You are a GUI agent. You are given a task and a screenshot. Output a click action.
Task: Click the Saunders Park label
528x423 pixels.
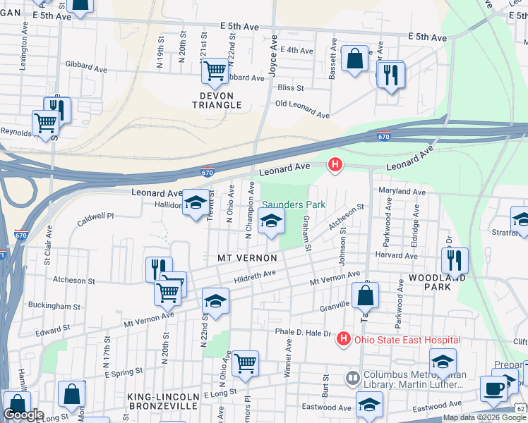click(294, 204)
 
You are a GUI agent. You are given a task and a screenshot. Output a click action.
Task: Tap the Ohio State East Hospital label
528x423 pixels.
click(407, 340)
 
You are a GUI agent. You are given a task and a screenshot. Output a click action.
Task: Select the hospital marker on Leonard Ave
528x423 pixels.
click(335, 165)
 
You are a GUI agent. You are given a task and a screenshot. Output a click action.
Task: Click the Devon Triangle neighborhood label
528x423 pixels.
click(217, 99)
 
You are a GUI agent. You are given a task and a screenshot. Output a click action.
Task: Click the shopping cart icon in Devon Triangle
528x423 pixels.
click(215, 70)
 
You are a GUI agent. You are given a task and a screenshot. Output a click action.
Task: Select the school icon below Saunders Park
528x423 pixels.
click(271, 222)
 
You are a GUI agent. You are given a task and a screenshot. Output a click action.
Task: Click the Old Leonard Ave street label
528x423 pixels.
click(302, 109)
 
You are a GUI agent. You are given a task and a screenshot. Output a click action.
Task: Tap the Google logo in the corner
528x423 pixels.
click(23, 415)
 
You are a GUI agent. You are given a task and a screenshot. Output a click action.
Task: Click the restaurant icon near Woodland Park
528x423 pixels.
click(455, 260)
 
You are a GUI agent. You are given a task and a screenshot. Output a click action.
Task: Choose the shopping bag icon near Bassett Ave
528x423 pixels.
click(354, 59)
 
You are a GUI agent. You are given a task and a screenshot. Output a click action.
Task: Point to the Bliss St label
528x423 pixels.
click(290, 88)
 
